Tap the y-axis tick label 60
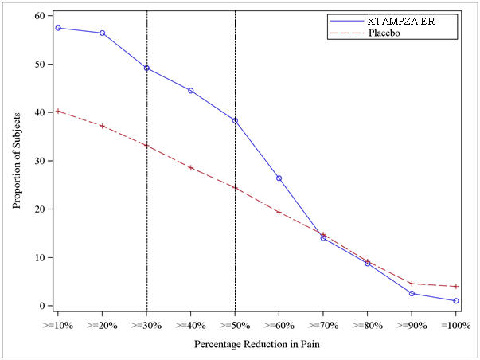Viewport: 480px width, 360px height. tap(38, 16)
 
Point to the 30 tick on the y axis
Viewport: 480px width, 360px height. tap(38, 161)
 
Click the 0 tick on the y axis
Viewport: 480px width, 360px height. tap(41, 306)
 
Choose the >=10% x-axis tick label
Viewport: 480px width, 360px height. tap(58, 325)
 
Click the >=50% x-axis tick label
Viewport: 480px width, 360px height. tap(235, 325)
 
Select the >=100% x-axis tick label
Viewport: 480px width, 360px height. tap(455, 325)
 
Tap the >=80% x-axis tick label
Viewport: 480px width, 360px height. tap(367, 325)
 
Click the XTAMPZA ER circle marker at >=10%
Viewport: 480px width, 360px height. tap(58, 28)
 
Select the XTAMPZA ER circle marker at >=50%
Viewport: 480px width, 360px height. tap(235, 120)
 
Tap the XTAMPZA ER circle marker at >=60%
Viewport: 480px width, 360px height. tap(279, 178)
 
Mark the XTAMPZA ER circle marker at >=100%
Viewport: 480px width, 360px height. tap(455, 301)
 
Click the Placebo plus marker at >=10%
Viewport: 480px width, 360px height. tap(58, 112)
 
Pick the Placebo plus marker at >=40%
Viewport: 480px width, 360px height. tap(191, 167)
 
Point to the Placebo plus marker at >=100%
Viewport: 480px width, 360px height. tap(455, 287)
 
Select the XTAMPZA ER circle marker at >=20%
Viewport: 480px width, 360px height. tap(103, 33)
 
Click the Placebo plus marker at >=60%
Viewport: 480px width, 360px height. tap(279, 212)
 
